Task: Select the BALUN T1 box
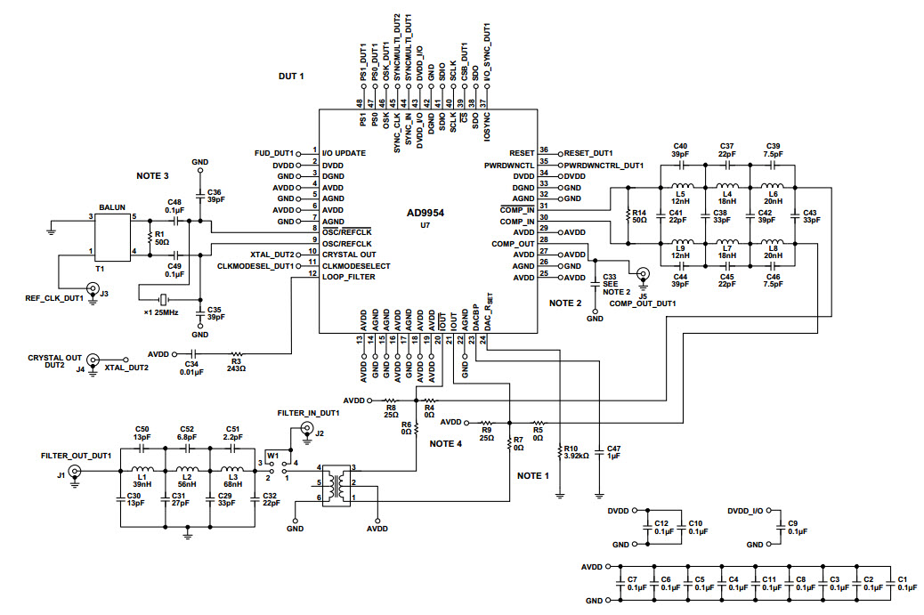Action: pyautogui.click(x=112, y=235)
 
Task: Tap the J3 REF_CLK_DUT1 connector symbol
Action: pyautogui.click(x=92, y=287)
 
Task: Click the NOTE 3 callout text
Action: pyautogui.click(x=152, y=175)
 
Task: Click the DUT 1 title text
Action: pyautogui.click(x=291, y=77)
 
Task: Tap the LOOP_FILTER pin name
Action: pyautogui.click(x=349, y=277)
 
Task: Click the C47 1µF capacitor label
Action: pyautogui.click(x=613, y=453)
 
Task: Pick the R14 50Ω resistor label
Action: pyautogui.click(x=637, y=215)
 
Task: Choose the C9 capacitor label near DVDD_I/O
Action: pyautogui.click(x=792, y=528)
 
